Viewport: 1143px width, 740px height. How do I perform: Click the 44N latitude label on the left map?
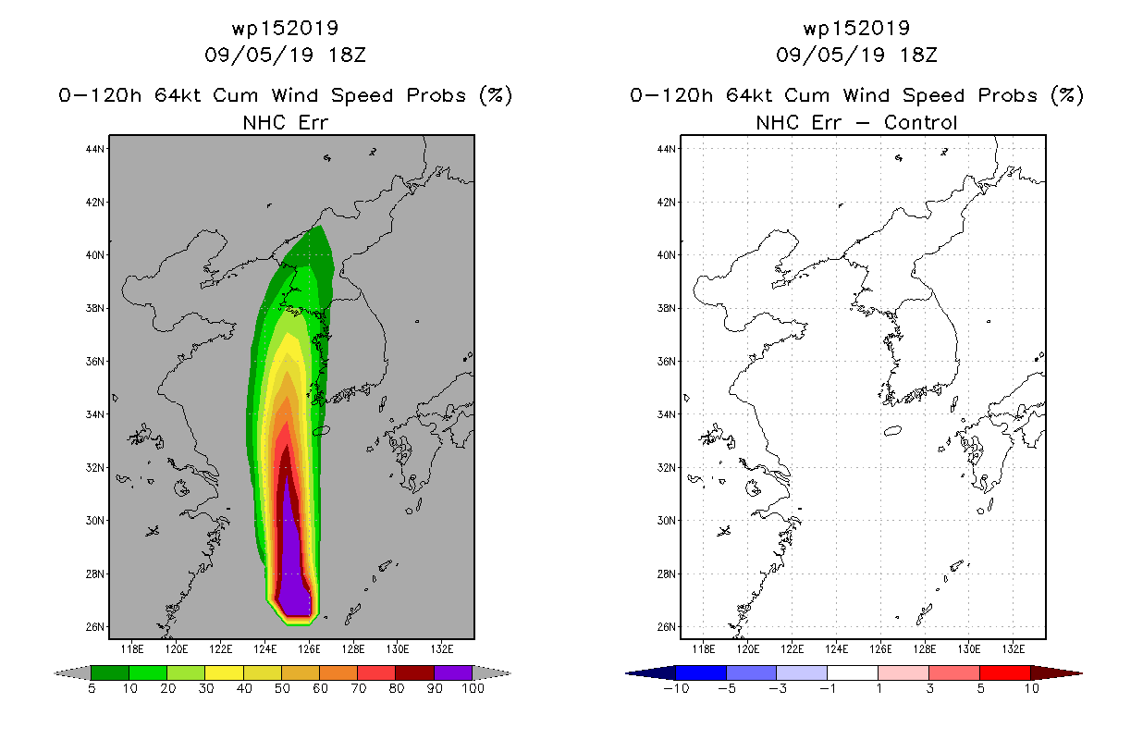pyautogui.click(x=95, y=149)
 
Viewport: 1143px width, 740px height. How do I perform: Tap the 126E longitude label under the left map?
pyautogui.click(x=309, y=649)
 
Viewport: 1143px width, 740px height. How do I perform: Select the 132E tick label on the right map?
pyautogui.click(x=1013, y=649)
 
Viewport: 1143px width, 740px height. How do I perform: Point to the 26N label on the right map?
pyautogui.click(x=667, y=627)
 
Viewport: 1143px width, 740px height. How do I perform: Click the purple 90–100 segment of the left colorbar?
pyautogui.click(x=453, y=672)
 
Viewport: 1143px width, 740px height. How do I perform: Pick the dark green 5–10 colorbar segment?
pyautogui.click(x=110, y=672)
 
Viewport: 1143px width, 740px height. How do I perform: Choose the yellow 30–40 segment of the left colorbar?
pyautogui.click(x=224, y=672)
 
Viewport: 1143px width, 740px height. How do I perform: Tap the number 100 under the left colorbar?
pyautogui.click(x=473, y=688)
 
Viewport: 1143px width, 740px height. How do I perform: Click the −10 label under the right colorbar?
pyautogui.click(x=676, y=688)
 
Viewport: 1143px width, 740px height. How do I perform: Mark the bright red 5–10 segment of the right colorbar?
pyautogui.click(x=1004, y=672)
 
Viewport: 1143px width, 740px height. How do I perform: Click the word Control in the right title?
pyautogui.click(x=920, y=122)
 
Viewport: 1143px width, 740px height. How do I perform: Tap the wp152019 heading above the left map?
pyautogui.click(x=285, y=28)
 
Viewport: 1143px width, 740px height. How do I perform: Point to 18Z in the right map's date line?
pyautogui.click(x=918, y=55)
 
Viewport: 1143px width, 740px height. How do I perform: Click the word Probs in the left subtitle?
pyautogui.click(x=436, y=95)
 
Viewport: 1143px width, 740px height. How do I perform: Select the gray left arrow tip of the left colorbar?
pyautogui.click(x=55, y=673)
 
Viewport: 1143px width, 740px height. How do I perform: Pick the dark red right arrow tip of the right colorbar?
pyautogui.click(x=1081, y=673)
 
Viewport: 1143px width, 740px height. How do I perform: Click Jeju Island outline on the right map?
pyautogui.click(x=892, y=431)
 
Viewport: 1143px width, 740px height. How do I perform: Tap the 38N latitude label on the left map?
pyautogui.click(x=95, y=308)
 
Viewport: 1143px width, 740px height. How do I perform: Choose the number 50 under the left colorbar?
pyautogui.click(x=282, y=688)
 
